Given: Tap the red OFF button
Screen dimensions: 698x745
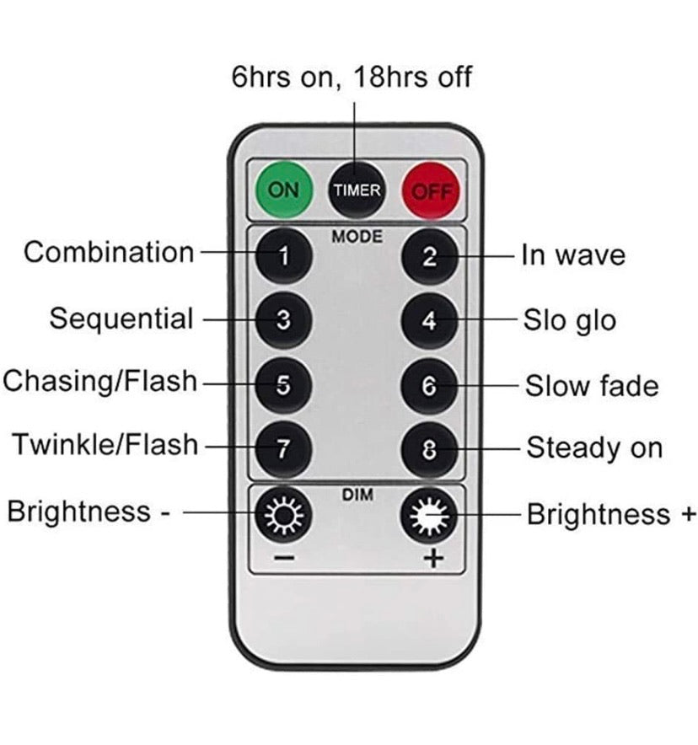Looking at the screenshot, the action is (431, 191).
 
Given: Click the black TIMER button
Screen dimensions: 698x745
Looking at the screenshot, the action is (357, 190).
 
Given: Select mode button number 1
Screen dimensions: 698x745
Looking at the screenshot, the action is (283, 256).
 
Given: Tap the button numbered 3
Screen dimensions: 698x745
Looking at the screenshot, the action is (283, 320).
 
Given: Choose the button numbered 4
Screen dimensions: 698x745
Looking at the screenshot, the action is (430, 321).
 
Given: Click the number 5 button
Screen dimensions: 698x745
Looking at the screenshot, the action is (283, 385).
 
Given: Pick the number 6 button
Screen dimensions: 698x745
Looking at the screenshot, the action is (430, 386).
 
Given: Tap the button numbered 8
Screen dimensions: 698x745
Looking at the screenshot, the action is (430, 449).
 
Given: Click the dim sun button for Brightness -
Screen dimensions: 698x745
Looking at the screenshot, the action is (283, 515).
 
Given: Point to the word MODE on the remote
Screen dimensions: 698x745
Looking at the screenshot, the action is (357, 237).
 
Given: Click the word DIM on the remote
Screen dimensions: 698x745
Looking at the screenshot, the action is (357, 495).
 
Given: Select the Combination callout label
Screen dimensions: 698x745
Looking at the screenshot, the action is (109, 252).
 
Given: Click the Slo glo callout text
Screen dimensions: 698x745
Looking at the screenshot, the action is (570, 320).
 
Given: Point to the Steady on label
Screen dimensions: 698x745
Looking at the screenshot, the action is (594, 448).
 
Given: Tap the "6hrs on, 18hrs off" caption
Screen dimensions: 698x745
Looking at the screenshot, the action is (352, 77).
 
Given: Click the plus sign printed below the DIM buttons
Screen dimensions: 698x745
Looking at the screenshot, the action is (433, 558).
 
